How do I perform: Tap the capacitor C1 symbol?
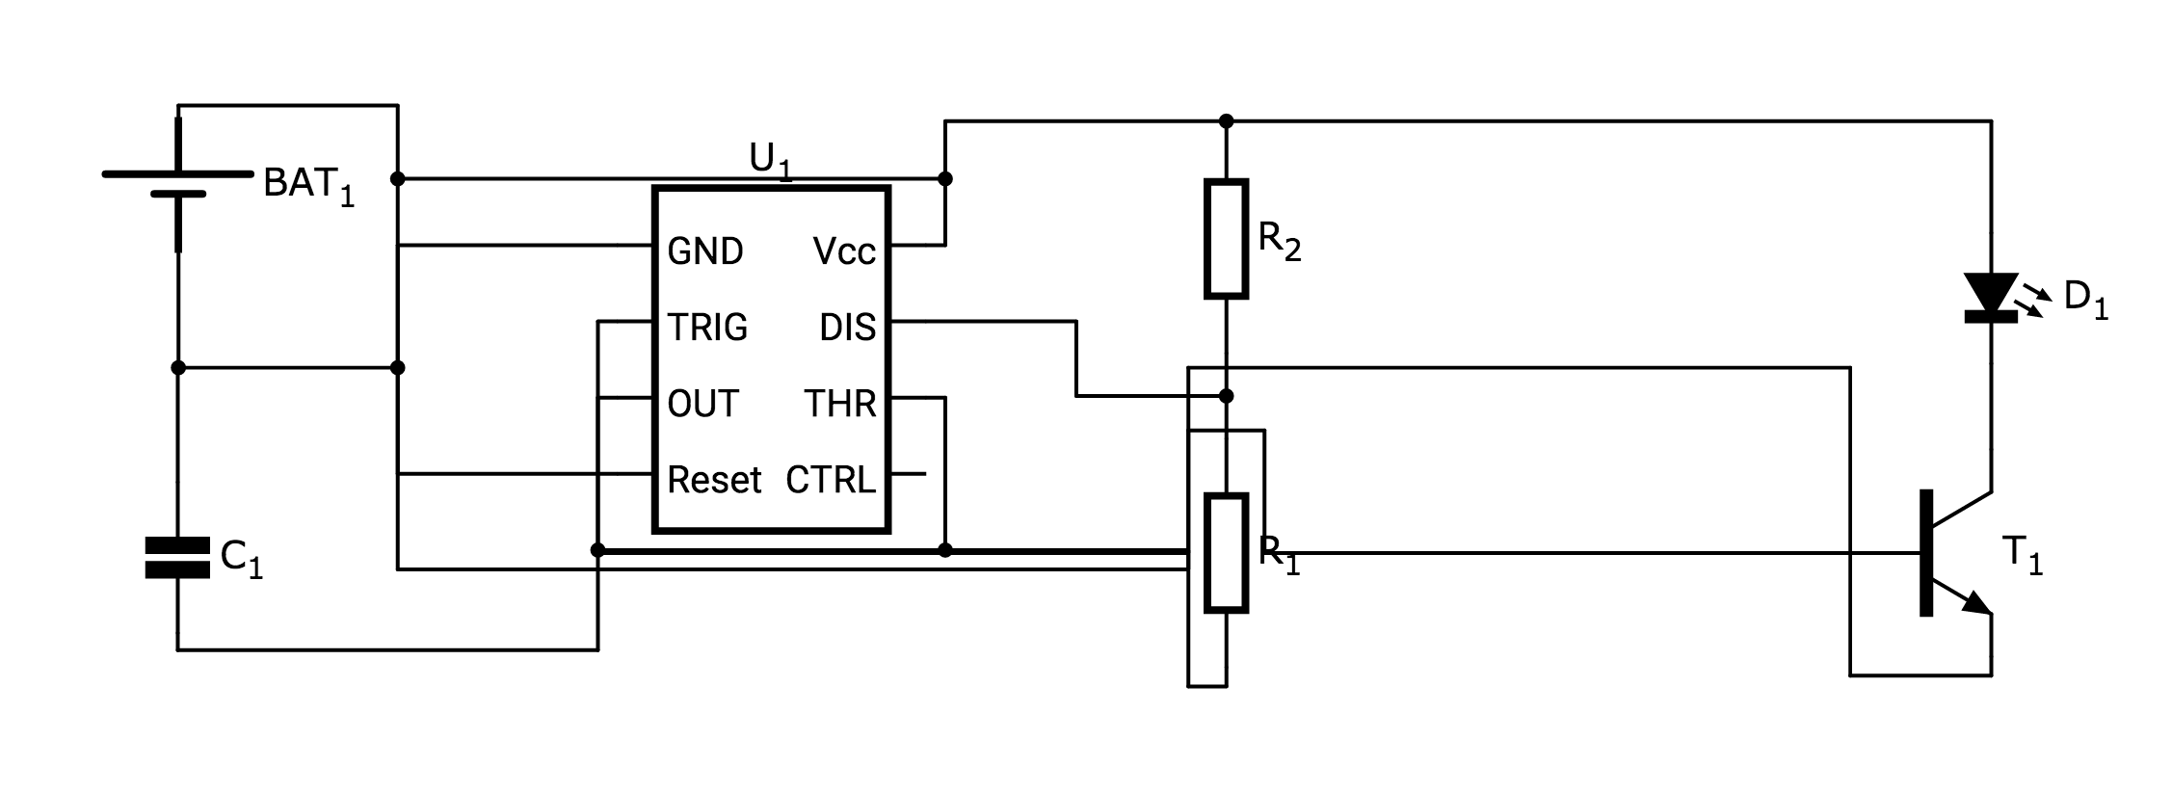click(177, 558)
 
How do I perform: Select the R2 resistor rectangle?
click(1226, 238)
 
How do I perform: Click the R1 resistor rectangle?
click(1226, 553)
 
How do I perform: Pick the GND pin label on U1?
click(705, 251)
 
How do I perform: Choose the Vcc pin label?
click(844, 251)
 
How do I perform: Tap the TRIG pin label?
click(707, 328)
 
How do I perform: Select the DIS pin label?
click(847, 328)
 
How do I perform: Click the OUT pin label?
click(702, 404)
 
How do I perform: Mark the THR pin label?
click(840, 404)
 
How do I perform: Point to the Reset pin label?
click(714, 480)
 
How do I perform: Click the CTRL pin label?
click(831, 480)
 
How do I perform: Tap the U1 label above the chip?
click(770, 161)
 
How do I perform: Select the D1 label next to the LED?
click(2085, 299)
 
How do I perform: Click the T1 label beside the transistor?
click(2022, 556)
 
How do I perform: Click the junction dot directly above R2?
click(1226, 121)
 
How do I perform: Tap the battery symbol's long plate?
click(177, 173)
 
